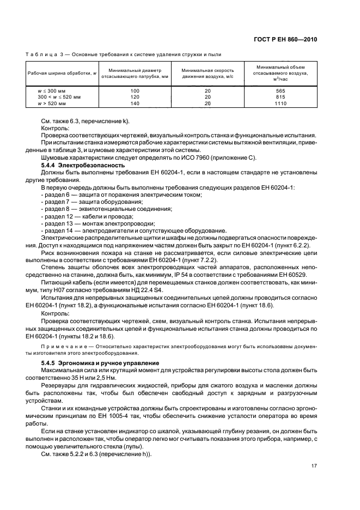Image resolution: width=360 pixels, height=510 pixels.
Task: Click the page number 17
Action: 314,465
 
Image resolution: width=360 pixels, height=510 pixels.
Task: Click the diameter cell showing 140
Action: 135,103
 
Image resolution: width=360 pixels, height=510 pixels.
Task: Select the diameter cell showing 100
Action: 135,91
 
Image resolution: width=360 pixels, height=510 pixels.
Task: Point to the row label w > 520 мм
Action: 51,103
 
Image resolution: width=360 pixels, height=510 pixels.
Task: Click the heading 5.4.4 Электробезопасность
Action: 83,164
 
